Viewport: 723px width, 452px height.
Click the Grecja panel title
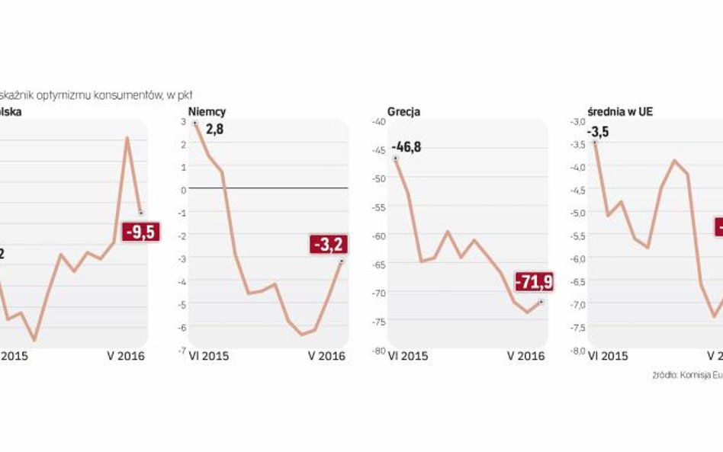(x=403, y=112)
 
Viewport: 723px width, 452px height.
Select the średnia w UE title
(x=610, y=112)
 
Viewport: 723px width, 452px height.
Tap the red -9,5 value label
(x=140, y=231)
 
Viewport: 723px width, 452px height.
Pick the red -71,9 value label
(x=534, y=282)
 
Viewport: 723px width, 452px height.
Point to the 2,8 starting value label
(x=214, y=130)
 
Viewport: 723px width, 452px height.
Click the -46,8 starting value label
(x=406, y=146)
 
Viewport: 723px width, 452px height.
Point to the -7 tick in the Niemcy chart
(x=182, y=350)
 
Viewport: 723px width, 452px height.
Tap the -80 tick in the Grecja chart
(x=376, y=350)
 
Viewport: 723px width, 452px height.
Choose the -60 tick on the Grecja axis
(x=376, y=236)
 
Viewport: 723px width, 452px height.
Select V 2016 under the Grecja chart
(x=526, y=356)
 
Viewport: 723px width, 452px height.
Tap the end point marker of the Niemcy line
(x=341, y=261)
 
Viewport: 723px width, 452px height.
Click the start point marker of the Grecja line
(x=395, y=159)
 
